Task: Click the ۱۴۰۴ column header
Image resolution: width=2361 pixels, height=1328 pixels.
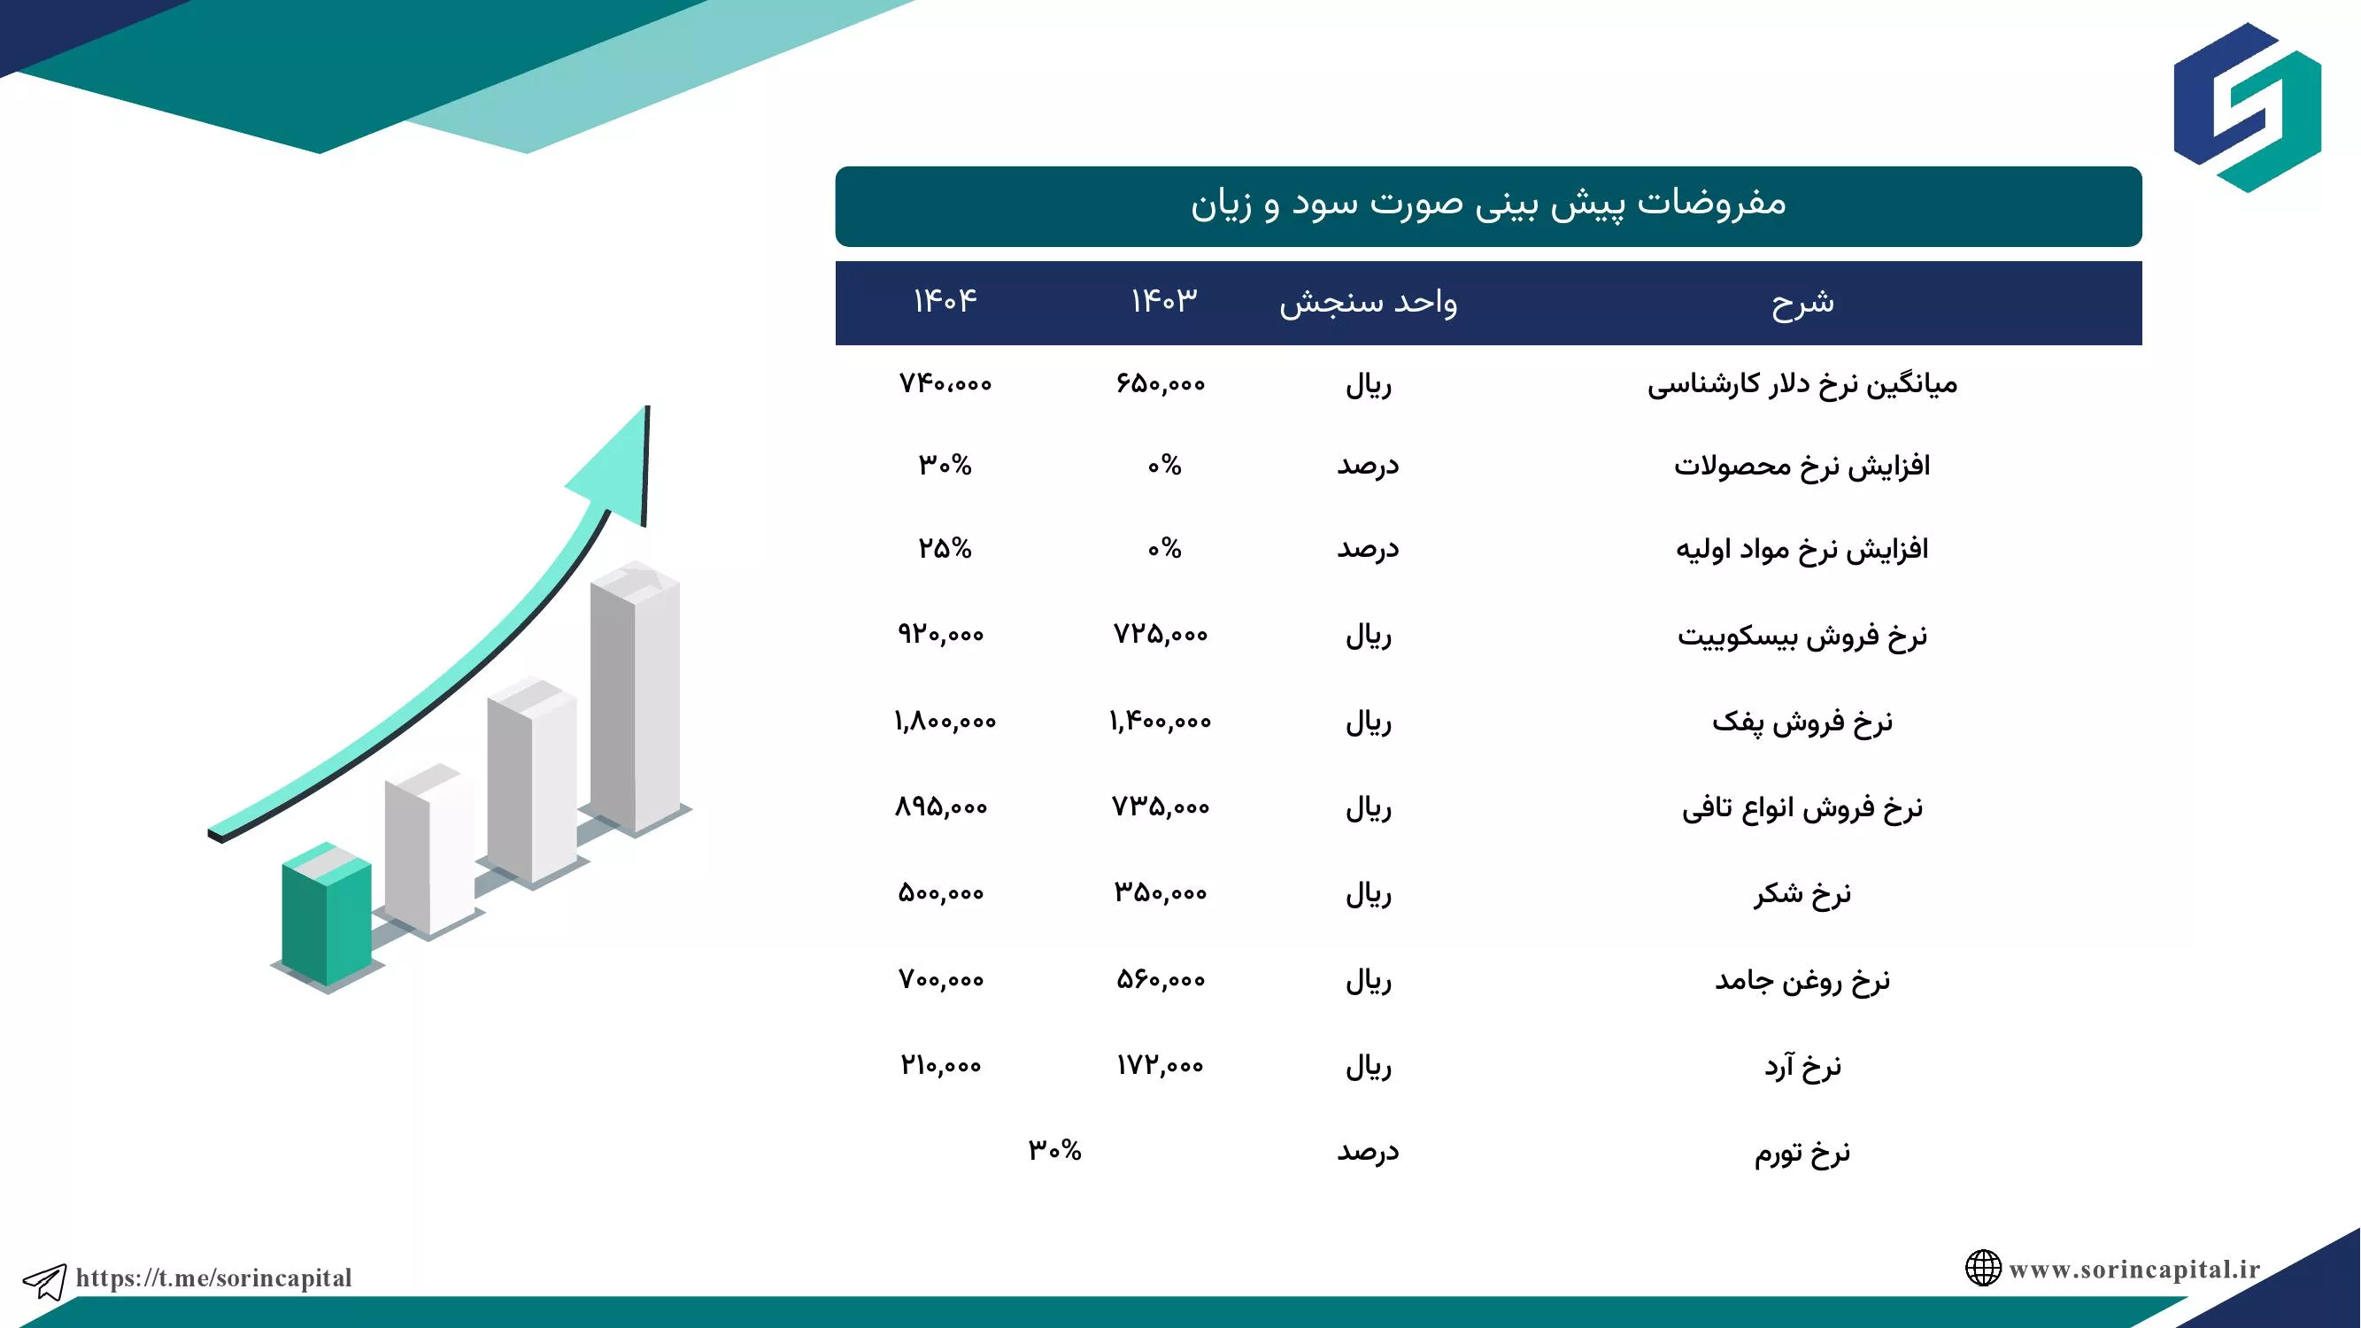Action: pyautogui.click(x=945, y=301)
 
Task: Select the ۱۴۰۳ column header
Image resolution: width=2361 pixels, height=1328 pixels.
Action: pyautogui.click(x=1164, y=301)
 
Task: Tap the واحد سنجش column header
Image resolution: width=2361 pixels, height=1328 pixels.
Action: pyautogui.click(x=1369, y=302)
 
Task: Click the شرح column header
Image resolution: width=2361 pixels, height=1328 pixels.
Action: pyautogui.click(x=1802, y=302)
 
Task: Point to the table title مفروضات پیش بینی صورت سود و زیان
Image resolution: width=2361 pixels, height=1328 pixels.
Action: pyautogui.click(x=1488, y=204)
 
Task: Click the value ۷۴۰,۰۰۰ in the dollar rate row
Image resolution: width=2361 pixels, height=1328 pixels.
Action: pyautogui.click(x=945, y=383)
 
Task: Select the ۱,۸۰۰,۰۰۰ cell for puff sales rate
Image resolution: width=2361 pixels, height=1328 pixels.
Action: pyautogui.click(x=945, y=722)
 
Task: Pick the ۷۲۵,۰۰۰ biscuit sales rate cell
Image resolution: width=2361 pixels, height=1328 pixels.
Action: pyautogui.click(x=1161, y=634)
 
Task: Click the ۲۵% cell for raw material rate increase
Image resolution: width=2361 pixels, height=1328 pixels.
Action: pyautogui.click(x=945, y=548)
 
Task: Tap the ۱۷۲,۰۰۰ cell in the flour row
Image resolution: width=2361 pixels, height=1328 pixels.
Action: pyautogui.click(x=1161, y=1065)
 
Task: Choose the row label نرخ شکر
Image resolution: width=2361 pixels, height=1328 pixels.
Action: pyautogui.click(x=1802, y=893)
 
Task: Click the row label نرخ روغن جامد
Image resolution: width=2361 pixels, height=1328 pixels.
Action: pyautogui.click(x=1802, y=981)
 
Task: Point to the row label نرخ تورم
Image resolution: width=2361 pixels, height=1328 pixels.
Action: pyautogui.click(x=1802, y=1152)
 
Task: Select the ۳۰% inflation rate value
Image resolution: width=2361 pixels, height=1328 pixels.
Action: pyautogui.click(x=1055, y=1149)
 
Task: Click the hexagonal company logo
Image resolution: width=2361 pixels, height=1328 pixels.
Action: pyautogui.click(x=2248, y=107)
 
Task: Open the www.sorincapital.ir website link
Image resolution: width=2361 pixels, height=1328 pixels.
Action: pyautogui.click(x=2134, y=1270)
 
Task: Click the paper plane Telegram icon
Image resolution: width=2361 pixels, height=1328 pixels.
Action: pyautogui.click(x=44, y=1280)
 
